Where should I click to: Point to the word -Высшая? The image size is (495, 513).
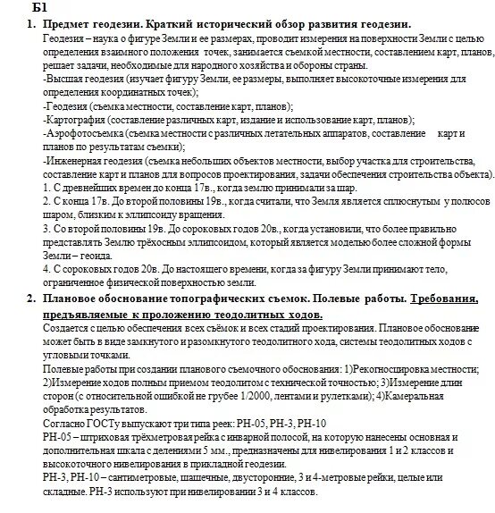(x=63, y=79)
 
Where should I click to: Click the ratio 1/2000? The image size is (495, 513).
(x=233, y=395)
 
